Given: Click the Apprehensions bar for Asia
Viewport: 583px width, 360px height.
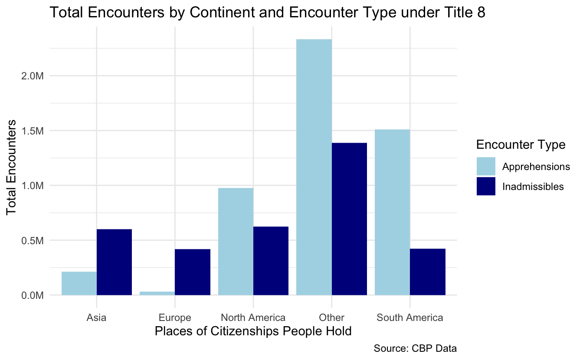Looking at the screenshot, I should pyautogui.click(x=79, y=283).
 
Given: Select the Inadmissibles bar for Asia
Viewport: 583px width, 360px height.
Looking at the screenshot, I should pyautogui.click(x=114, y=262).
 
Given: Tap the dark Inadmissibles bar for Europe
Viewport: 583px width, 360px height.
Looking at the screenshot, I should pyautogui.click(x=193, y=272).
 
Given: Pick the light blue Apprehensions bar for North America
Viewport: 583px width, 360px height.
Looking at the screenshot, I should pyautogui.click(x=236, y=242).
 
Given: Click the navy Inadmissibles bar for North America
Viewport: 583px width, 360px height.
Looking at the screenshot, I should pyautogui.click(x=271, y=261).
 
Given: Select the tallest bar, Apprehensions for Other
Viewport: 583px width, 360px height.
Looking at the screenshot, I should pyautogui.click(x=314, y=167).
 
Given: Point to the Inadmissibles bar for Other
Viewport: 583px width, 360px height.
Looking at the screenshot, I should pyautogui.click(x=349, y=219).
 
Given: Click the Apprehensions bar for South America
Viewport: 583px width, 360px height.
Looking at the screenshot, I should pyautogui.click(x=392, y=212).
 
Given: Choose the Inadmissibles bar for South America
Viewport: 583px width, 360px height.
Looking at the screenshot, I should pyautogui.click(x=427, y=272).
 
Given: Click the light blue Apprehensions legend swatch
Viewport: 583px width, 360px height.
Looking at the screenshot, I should pyautogui.click(x=486, y=167).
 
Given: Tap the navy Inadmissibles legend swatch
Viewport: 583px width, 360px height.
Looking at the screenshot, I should pyautogui.click(x=486, y=186).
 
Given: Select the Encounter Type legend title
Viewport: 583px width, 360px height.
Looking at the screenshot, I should pyautogui.click(x=520, y=145).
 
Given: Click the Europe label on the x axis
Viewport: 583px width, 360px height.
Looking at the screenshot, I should pyautogui.click(x=175, y=317).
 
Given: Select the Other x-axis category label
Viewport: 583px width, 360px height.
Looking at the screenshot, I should pyautogui.click(x=331, y=317).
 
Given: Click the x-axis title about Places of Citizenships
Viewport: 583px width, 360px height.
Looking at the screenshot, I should pyautogui.click(x=253, y=332).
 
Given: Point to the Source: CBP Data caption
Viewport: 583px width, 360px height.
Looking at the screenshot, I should pyautogui.click(x=415, y=348).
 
